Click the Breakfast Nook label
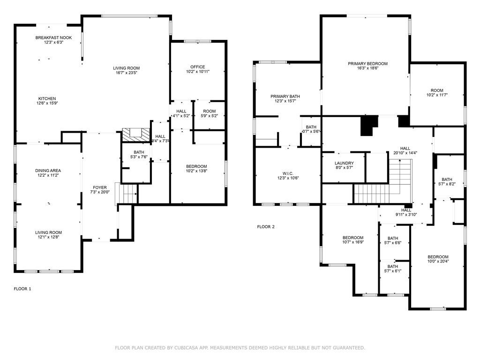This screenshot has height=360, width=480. [x=54, y=37]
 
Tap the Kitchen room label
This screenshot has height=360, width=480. [x=47, y=98]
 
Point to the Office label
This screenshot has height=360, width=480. [x=198, y=67]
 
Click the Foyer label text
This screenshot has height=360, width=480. [x=100, y=187]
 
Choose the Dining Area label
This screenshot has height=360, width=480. [x=48, y=171]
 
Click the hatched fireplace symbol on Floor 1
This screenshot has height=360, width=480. [x=136, y=135]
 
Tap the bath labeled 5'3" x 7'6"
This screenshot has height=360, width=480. [x=139, y=157]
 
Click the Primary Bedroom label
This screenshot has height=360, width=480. [x=367, y=64]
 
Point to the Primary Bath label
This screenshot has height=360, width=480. [x=285, y=97]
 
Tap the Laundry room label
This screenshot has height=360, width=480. [x=344, y=163]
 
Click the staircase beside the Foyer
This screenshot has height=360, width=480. [x=128, y=193]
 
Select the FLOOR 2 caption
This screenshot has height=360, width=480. [x=266, y=227]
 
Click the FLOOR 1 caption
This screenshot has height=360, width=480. [x=22, y=289]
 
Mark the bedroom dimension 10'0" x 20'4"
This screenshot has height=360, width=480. [x=438, y=262]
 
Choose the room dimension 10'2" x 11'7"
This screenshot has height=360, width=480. [x=437, y=95]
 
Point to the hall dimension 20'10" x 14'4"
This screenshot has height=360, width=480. [x=405, y=152]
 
